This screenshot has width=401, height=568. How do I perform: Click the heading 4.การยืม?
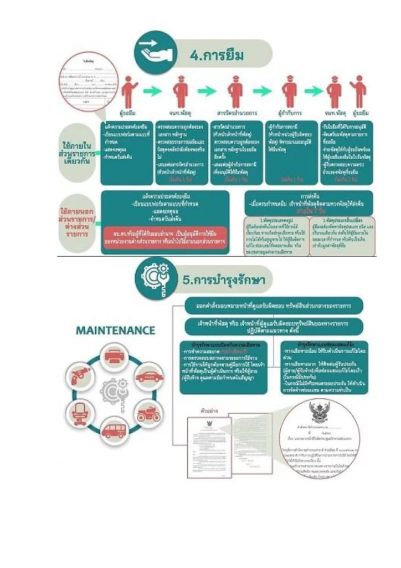217,55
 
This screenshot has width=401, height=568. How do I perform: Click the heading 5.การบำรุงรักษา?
224,281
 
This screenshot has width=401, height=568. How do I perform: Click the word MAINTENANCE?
115,331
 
